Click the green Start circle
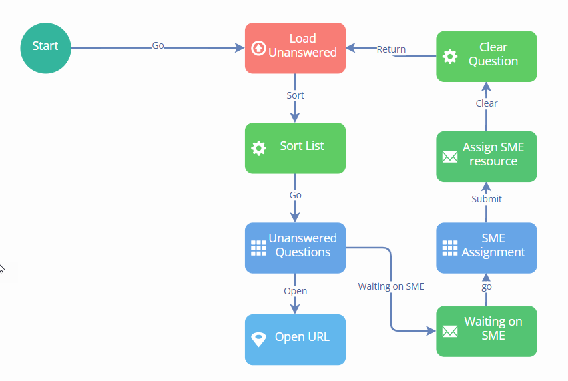[45, 47]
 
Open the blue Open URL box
[295, 339]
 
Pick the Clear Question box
[486, 56]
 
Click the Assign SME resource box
[486, 156]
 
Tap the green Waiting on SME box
[486, 331]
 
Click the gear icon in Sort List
[258, 148]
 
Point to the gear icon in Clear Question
[450, 57]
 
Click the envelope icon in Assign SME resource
[450, 157]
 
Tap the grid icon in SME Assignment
[450, 248]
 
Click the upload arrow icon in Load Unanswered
[258, 48]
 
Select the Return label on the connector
[391, 49]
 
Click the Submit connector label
[487, 199]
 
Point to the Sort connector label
[295, 95]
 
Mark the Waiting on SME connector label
[391, 286]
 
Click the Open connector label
[295, 291]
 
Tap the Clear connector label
[487, 103]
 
